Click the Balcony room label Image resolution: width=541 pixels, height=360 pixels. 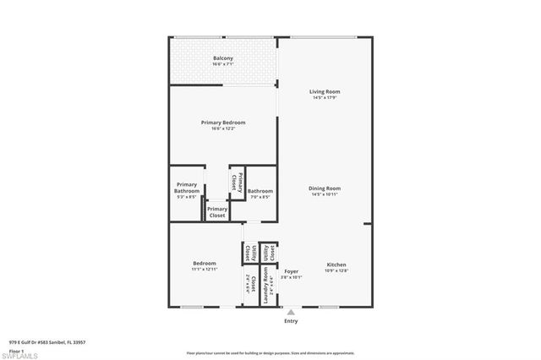(223, 57)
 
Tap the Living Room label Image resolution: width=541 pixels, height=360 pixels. (325, 91)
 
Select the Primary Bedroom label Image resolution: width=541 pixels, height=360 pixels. (223, 123)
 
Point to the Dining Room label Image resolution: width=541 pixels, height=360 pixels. (325, 188)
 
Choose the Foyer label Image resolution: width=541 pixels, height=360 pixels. (291, 271)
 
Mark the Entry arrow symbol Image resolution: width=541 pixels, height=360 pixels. (291, 312)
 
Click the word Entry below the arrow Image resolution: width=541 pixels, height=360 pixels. (291, 321)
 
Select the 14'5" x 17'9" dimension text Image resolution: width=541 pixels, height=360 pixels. (325, 98)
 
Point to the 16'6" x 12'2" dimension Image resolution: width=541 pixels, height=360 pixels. (223, 128)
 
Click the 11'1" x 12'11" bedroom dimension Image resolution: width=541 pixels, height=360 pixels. (205, 270)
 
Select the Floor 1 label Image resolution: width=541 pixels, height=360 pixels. (15, 350)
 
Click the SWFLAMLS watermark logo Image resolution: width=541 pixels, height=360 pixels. (20, 356)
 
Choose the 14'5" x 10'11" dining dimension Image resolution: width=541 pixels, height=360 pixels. (325, 194)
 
